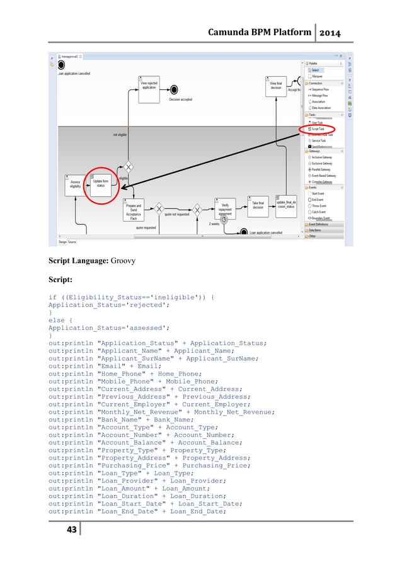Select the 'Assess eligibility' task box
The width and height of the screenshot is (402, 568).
click(74, 185)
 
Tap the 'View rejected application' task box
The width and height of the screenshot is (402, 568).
click(149, 86)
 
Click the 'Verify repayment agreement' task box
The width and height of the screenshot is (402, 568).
click(224, 207)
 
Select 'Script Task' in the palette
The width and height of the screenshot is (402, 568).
click(319, 128)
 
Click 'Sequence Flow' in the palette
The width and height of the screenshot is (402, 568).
click(321, 89)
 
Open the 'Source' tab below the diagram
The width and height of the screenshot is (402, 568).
click(72, 241)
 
